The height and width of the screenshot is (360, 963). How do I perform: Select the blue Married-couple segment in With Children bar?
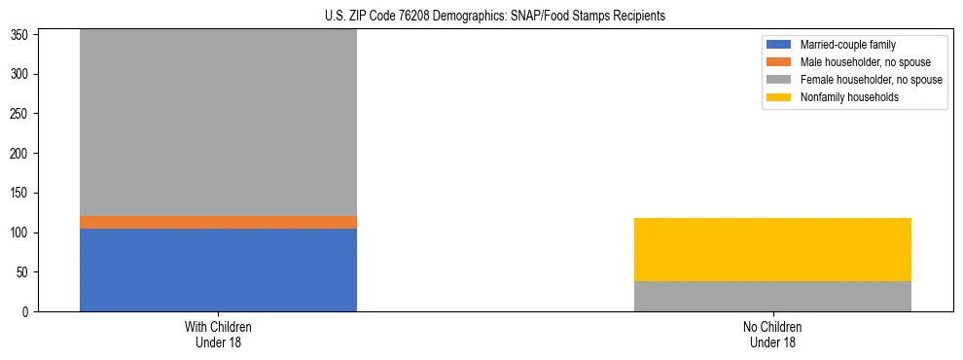click(x=218, y=270)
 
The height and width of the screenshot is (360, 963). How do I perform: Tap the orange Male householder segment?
click(x=218, y=222)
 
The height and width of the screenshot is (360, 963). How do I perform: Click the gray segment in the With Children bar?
click(x=218, y=123)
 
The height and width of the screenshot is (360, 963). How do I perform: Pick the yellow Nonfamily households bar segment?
click(x=772, y=249)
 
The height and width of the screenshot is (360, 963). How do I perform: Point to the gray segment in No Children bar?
click(x=772, y=296)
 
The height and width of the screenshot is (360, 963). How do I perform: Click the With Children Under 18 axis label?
click(x=218, y=334)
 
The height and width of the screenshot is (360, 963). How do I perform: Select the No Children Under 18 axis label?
click(x=772, y=334)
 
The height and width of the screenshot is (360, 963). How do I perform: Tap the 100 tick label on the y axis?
click(x=23, y=233)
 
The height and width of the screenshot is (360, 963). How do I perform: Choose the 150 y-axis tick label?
click(x=23, y=193)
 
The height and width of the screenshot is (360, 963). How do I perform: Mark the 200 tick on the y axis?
click(x=23, y=154)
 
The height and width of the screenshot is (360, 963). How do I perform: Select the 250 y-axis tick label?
click(x=23, y=114)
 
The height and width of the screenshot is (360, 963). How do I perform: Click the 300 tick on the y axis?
click(x=23, y=74)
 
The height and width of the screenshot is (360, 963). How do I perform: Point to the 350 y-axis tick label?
click(x=23, y=35)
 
